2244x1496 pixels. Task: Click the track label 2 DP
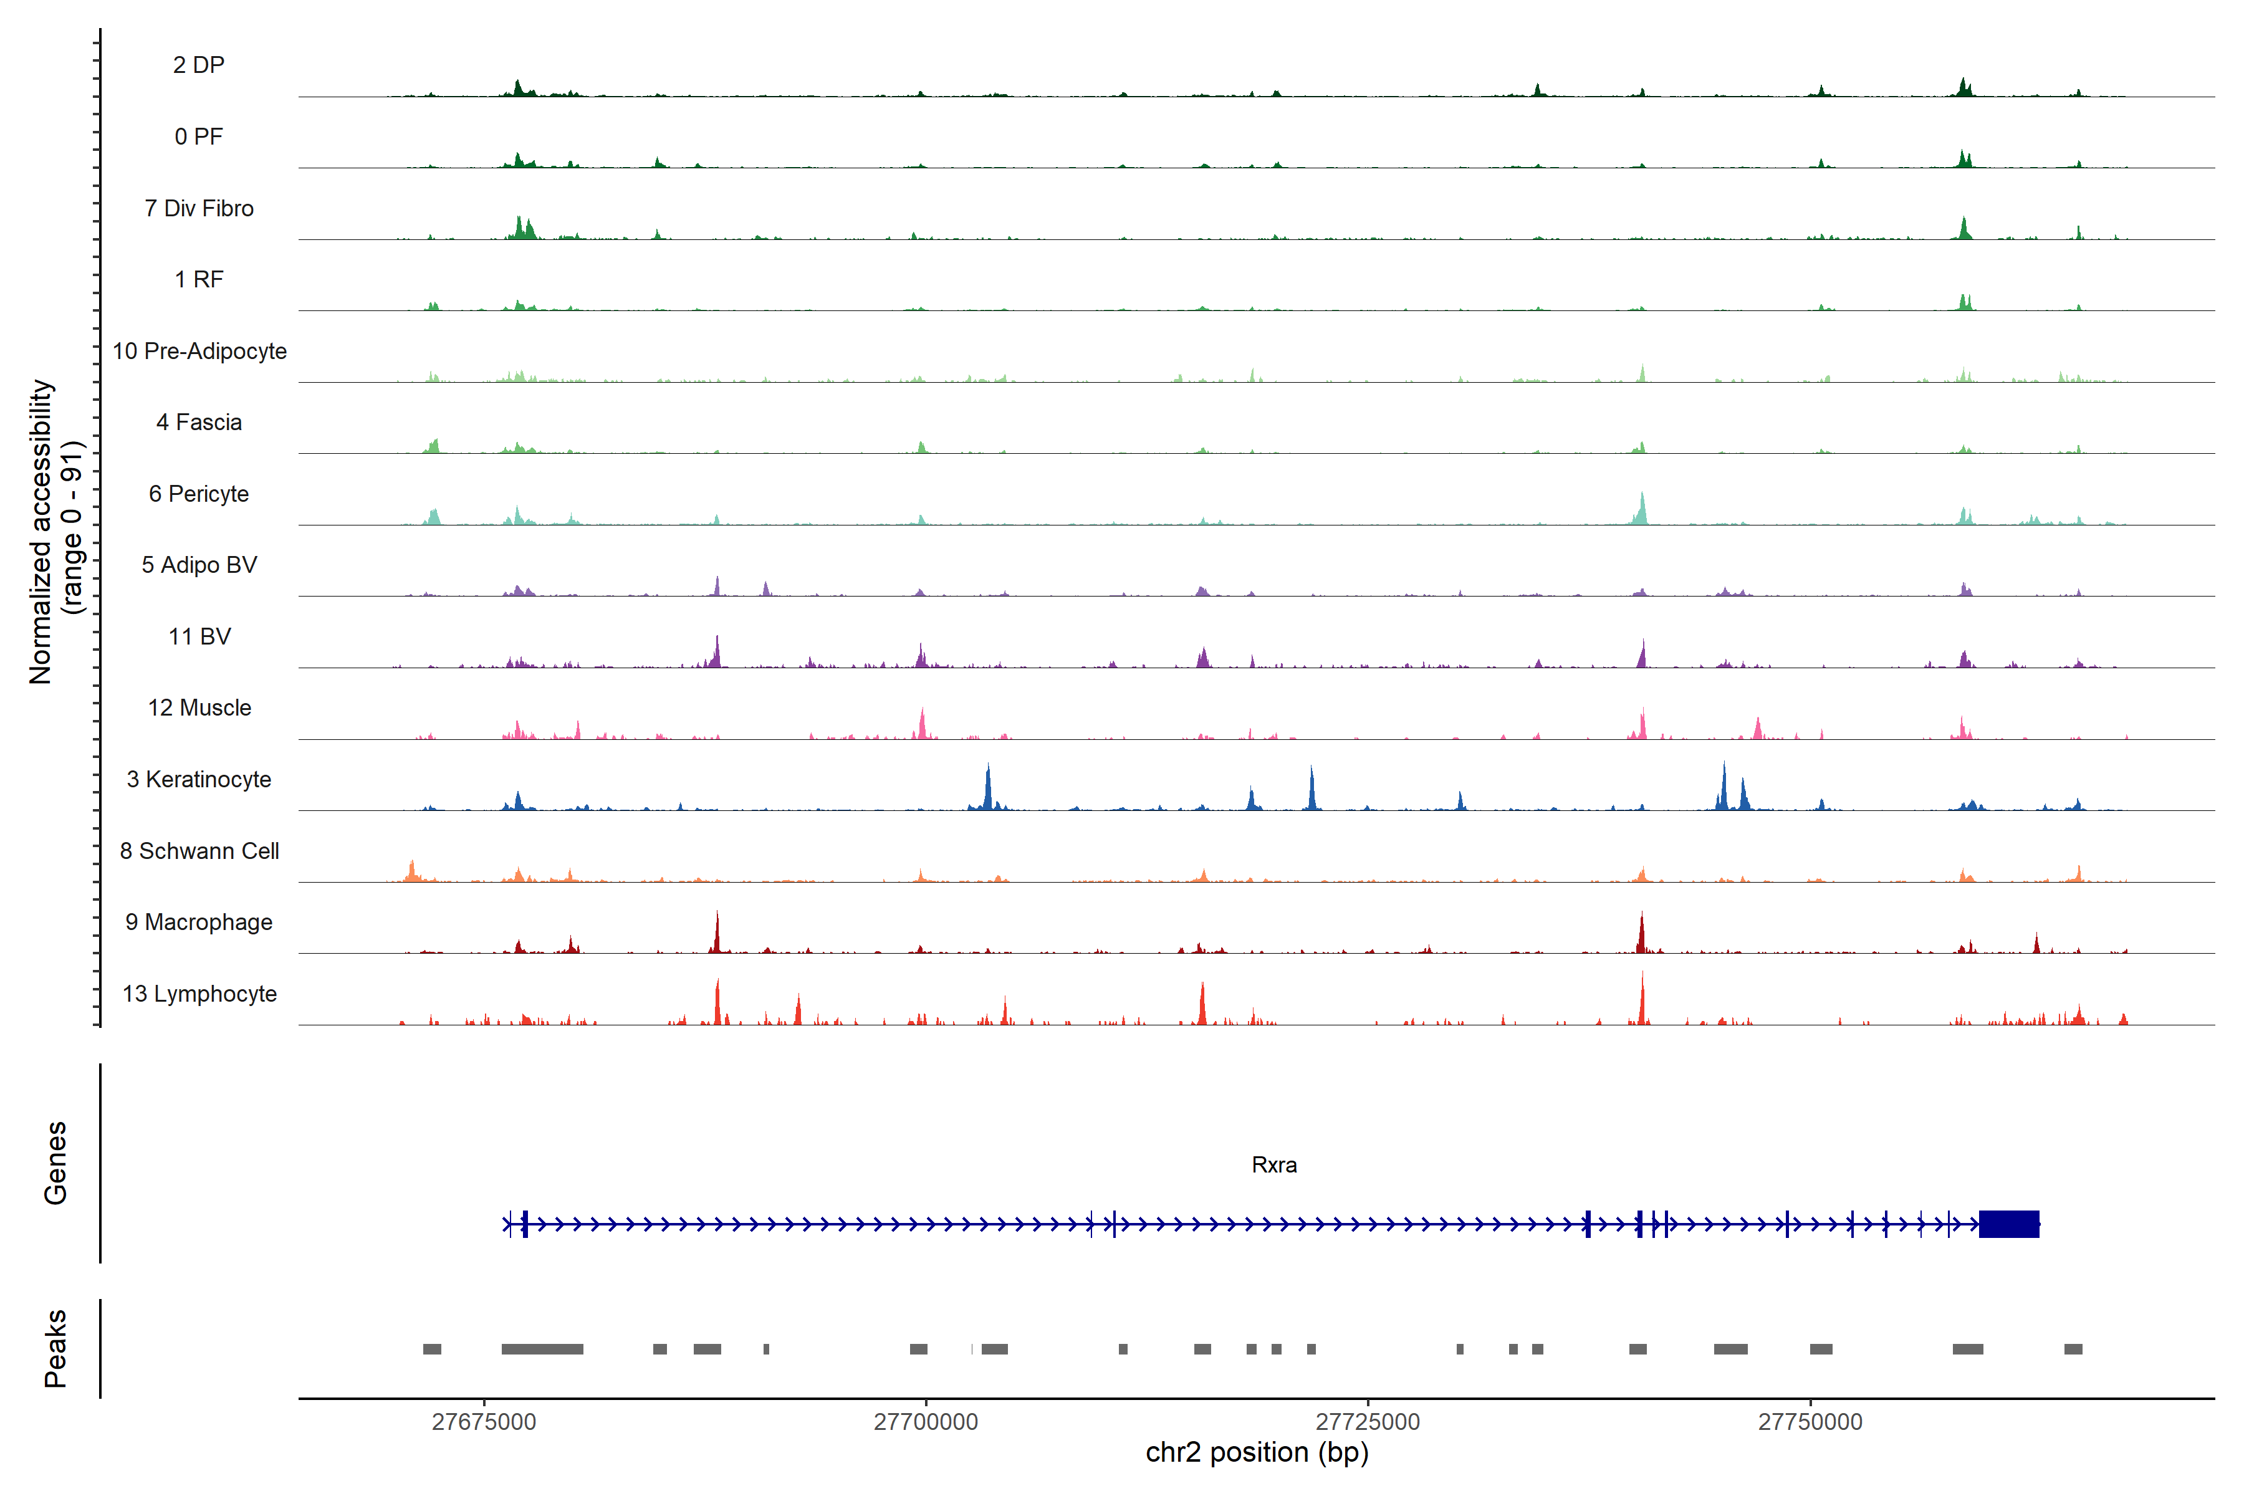(x=198, y=65)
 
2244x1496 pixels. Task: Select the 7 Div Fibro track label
(x=198, y=208)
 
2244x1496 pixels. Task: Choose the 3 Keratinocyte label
(x=198, y=780)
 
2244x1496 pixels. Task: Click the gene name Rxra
(x=1273, y=1165)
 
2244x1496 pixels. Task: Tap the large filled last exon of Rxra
(x=2008, y=1224)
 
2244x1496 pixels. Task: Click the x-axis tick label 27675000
(x=484, y=1422)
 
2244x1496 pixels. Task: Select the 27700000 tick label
(x=926, y=1422)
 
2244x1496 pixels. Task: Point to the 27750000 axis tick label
(x=1810, y=1422)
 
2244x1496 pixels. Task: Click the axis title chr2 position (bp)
(x=1257, y=1453)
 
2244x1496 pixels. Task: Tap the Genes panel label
(x=55, y=1163)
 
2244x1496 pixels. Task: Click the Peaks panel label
(x=55, y=1348)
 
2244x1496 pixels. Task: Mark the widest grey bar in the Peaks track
(x=542, y=1349)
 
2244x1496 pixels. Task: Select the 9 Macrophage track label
(x=198, y=923)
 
